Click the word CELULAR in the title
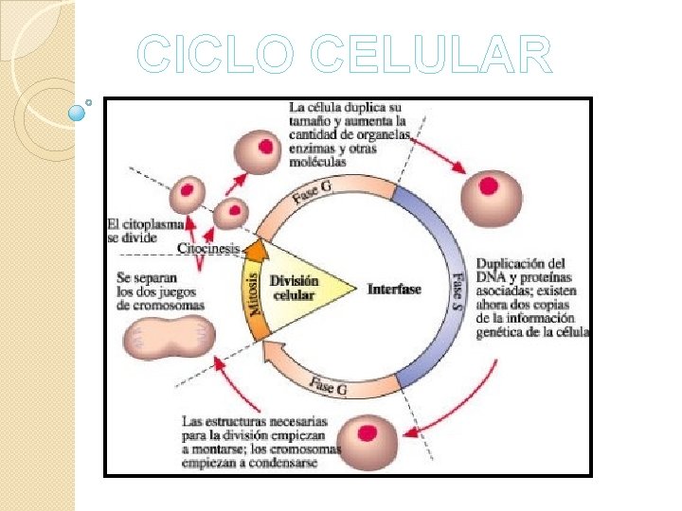pyautogui.click(x=430, y=55)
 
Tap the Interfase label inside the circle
pyautogui.click(x=394, y=289)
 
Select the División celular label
pyautogui.click(x=294, y=288)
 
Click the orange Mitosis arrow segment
pyautogui.click(x=254, y=293)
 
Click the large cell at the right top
pyautogui.click(x=490, y=197)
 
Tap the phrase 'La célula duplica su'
pyautogui.click(x=347, y=109)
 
